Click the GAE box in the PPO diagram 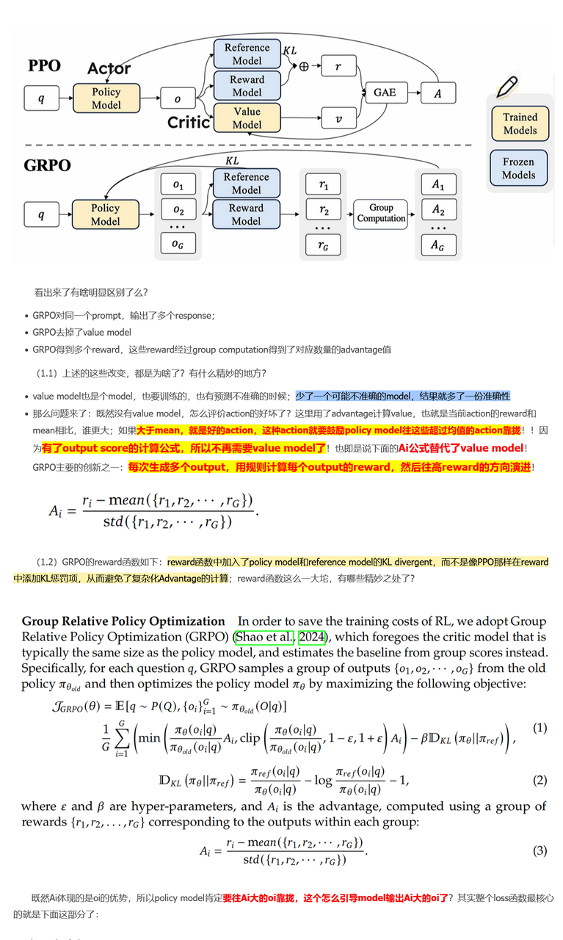point(385,93)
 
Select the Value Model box point(247,118)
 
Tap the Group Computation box point(381,213)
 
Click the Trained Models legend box point(520,123)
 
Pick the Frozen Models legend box point(519,168)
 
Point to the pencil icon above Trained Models point(506,87)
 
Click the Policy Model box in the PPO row point(106,98)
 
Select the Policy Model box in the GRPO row point(105,214)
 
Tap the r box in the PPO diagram point(338,65)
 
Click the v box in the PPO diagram point(338,117)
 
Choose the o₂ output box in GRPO point(178,211)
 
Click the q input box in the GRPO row point(40,214)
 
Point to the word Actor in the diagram point(109,69)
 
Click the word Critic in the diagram point(189,122)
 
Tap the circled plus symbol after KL point(304,65)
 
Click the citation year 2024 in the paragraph point(311,637)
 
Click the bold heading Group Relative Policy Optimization point(123,621)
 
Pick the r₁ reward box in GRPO point(324,184)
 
